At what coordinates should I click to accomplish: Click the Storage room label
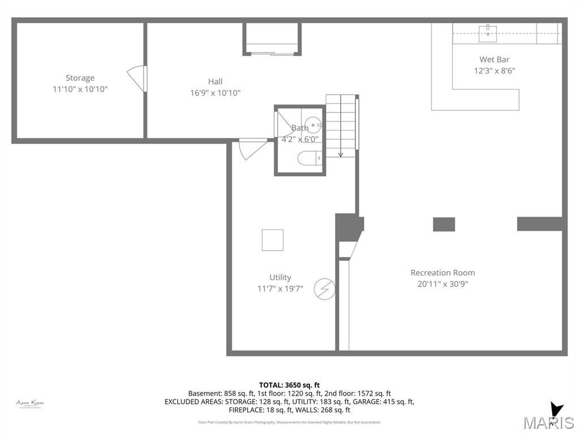coord(80,78)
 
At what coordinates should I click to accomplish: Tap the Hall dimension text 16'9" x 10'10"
coord(215,93)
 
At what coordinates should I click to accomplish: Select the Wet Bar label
coord(494,59)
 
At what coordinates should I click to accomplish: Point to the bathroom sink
coord(313,124)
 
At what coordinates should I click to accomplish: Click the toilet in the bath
coord(309,158)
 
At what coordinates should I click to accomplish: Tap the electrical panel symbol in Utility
coord(324,289)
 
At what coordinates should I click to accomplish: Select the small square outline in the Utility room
coord(273,240)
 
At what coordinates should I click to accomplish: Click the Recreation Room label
coord(443,272)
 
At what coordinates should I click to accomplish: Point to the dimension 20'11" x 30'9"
coord(443,284)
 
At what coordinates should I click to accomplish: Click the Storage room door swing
coord(137,78)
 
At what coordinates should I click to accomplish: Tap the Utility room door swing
coord(251,149)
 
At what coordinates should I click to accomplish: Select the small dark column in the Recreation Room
coord(444,224)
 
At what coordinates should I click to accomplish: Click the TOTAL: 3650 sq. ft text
coord(289,384)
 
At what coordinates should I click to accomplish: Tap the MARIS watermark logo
coord(548,422)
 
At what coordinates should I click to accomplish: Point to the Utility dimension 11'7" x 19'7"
coord(280,289)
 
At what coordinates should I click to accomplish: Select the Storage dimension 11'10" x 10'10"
coord(80,89)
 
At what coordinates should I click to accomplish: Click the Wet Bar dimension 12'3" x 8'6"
coord(494,71)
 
